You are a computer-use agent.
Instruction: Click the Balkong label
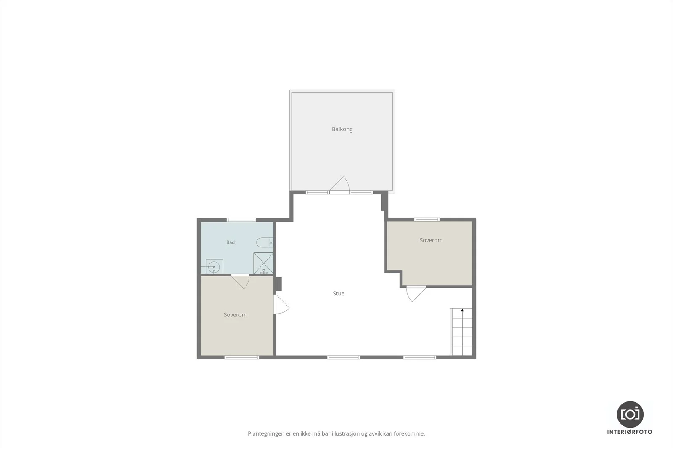342,129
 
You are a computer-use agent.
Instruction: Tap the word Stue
339,294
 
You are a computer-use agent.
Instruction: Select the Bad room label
231,242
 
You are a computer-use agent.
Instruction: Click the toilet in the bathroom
265,242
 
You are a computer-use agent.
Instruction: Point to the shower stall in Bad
263,263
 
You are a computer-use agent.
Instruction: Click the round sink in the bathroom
214,266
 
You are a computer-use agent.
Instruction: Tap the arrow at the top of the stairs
462,311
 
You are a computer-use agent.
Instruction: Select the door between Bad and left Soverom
240,282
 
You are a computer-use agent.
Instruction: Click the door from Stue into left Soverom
281,304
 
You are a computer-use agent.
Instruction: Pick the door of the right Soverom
416,294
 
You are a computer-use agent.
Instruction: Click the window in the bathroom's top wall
241,220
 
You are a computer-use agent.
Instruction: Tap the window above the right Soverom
427,220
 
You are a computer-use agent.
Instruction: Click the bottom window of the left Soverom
242,357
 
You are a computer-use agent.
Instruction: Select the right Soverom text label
431,240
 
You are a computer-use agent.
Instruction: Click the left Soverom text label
235,315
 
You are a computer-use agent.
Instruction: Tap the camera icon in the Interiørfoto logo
630,414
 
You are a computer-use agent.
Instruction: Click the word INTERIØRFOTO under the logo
630,432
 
